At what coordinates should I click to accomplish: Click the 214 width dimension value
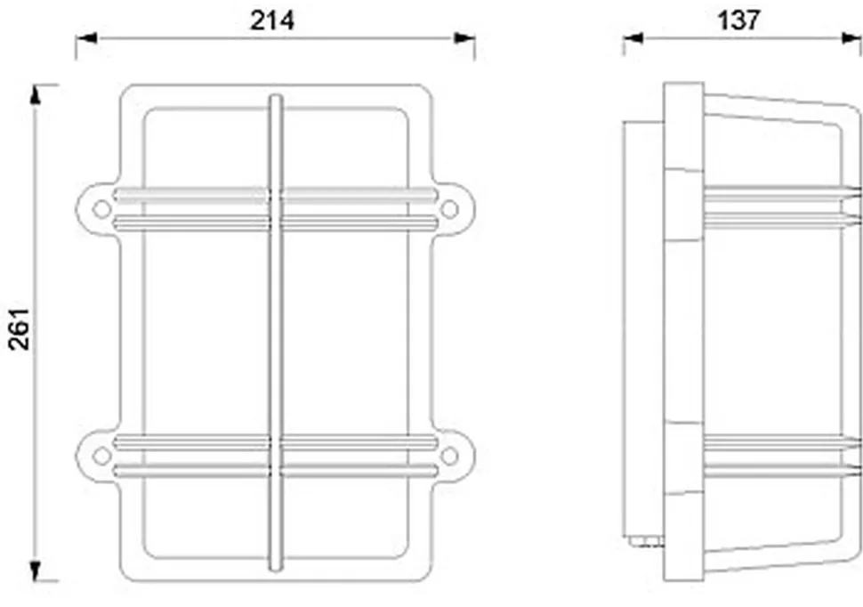tap(272, 21)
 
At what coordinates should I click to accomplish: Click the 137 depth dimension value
tap(738, 20)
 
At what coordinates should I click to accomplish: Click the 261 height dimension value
tap(20, 328)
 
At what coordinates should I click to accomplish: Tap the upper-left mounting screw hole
tap(101, 209)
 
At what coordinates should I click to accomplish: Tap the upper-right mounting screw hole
tap(449, 209)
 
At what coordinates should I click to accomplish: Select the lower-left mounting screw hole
tap(101, 456)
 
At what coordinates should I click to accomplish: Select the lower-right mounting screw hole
tap(449, 456)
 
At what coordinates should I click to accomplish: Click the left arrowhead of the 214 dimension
tap(86, 38)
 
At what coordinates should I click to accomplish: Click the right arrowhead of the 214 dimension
tap(464, 38)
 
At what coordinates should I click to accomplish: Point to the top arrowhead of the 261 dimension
tap(36, 94)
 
